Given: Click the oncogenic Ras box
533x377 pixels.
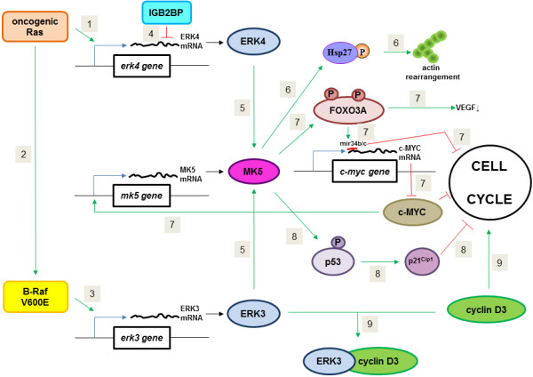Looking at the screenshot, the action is (35, 27).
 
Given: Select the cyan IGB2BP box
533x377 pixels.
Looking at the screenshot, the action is (167, 12).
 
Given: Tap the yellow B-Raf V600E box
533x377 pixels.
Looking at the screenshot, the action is (36, 297).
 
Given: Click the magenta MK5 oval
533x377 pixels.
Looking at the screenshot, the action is (253, 172).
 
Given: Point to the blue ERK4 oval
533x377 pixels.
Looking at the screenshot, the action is (253, 42).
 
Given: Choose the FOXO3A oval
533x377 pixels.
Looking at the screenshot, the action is (349, 110).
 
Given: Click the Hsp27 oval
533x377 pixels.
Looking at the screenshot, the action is (340, 52).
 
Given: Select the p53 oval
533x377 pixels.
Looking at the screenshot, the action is (333, 261).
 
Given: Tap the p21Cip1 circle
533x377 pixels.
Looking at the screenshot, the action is (421, 261).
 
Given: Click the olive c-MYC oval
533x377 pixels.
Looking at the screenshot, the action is (412, 213).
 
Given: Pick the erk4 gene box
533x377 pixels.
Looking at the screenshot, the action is (142, 66).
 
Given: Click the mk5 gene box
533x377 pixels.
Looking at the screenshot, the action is (141, 196).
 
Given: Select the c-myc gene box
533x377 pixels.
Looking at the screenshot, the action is (364, 172).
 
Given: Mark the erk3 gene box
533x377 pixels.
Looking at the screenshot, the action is (142, 338).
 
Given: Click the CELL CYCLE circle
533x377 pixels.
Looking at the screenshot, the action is (489, 182).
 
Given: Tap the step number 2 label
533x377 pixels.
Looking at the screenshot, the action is (23, 155).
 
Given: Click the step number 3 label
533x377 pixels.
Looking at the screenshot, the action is (92, 293).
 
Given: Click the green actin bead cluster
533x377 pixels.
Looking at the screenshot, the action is (430, 47).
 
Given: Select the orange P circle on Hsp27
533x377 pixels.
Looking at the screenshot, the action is (362, 52).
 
